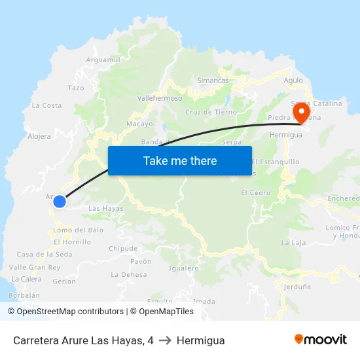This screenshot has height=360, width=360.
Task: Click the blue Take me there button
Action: click(180, 160)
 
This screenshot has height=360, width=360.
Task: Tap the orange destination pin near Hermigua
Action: click(302, 113)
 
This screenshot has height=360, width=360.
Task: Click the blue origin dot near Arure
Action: click(60, 202)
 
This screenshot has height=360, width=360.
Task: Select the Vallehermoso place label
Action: click(160, 98)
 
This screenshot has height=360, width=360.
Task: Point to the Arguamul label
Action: click(103, 60)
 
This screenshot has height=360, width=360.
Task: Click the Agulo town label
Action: click(293, 81)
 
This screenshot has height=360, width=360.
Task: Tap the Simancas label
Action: click(213, 81)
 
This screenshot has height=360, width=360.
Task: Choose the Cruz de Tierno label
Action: click(211, 112)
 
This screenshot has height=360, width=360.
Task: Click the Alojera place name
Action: click(39, 137)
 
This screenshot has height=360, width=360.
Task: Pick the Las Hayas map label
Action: click(105, 208)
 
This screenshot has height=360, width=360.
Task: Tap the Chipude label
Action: click(123, 249)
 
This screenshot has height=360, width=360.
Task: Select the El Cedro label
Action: click(255, 192)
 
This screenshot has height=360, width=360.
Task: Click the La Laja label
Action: click(294, 242)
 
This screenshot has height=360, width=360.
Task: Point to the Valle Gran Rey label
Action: click(35, 267)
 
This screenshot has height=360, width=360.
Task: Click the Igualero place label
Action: click(183, 268)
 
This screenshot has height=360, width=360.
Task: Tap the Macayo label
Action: click(139, 124)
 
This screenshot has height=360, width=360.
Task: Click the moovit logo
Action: click(321, 339)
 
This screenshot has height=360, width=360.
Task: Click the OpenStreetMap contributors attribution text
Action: click(70, 312)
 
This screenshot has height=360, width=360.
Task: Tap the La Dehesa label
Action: click(129, 275)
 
